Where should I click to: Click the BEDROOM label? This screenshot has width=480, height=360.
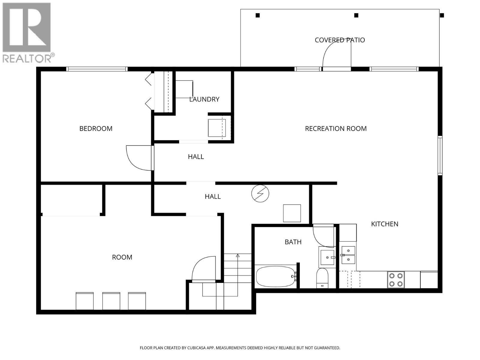click(96, 128)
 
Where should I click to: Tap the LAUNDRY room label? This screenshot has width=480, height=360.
click(204, 100)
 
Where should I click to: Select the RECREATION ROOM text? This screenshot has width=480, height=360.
click(336, 128)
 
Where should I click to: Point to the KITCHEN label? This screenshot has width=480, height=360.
click(385, 224)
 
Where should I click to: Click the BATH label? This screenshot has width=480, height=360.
click(293, 242)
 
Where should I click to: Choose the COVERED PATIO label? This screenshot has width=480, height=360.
click(340, 40)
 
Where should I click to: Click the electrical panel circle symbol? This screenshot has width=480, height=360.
click(260, 193)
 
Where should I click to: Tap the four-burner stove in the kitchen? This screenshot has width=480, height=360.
click(396, 280)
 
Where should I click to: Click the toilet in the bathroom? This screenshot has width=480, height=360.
click(322, 278)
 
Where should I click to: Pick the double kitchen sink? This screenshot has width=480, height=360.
click(348, 255)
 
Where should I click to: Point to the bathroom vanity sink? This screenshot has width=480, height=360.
click(327, 257)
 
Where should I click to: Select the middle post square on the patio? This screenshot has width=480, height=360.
click(356, 15)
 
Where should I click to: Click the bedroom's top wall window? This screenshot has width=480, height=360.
click(97, 69)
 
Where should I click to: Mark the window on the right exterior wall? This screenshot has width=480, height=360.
click(440, 155)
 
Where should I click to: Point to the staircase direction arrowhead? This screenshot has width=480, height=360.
click(238, 256)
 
